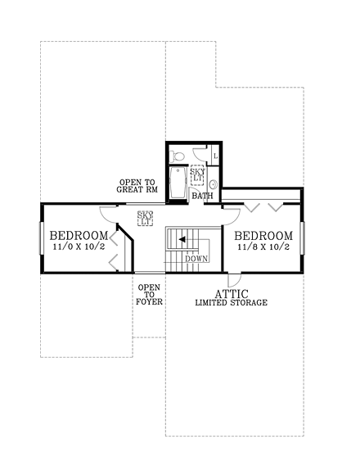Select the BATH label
tap(202, 197)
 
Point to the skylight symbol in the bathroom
tap(197, 175)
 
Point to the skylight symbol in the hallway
tap(146, 218)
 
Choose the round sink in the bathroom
tap(213, 185)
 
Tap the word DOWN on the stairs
tap(196, 259)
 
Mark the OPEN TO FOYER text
tap(148, 295)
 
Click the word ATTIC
tap(232, 292)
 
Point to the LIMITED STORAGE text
tap(231, 303)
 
